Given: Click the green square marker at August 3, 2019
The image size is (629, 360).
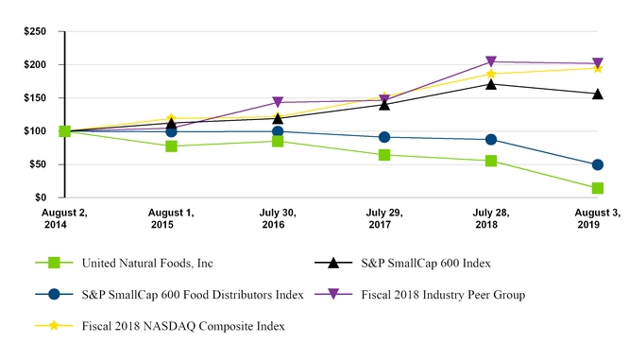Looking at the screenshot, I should coord(598,189).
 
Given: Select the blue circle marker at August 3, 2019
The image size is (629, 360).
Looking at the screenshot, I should coord(598,165).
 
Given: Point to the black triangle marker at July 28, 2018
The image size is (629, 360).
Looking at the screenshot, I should coord(491,84).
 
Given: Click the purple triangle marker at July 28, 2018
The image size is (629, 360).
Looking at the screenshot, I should coord(491,62).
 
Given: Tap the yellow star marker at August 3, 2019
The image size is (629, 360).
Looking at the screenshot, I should coord(598,68).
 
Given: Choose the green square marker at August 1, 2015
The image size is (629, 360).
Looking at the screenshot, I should coord(171,146).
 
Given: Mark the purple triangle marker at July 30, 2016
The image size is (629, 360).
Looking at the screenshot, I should coord(278,102).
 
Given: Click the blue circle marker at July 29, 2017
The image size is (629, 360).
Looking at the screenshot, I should coord(384,137).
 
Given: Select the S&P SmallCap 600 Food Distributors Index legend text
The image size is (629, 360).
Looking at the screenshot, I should coord(193,295).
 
